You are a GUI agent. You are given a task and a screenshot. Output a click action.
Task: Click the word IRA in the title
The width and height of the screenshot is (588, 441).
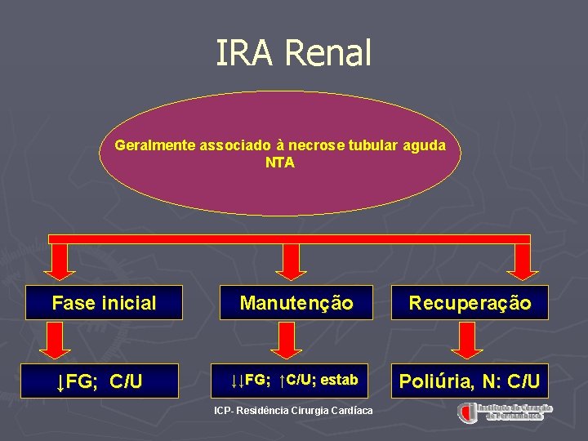[242, 53]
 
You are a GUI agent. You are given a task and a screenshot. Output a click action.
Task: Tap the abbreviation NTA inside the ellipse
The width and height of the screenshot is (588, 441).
[280, 163]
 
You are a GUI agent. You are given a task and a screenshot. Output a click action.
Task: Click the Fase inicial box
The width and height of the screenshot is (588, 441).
[104, 303]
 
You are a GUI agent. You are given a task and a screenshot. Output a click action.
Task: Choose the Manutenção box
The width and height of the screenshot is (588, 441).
[296, 303]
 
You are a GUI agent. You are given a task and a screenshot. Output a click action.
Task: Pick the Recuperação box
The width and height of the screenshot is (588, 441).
[470, 303]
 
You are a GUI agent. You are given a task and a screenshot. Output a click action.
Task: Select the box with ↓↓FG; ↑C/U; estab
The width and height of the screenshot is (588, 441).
[295, 381]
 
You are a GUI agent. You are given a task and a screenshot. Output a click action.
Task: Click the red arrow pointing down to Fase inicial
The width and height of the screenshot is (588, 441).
[60, 262]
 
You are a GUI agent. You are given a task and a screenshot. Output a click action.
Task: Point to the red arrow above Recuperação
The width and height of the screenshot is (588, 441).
[520, 262]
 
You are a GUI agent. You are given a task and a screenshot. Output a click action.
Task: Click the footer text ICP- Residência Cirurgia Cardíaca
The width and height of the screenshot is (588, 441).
[292, 410]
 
